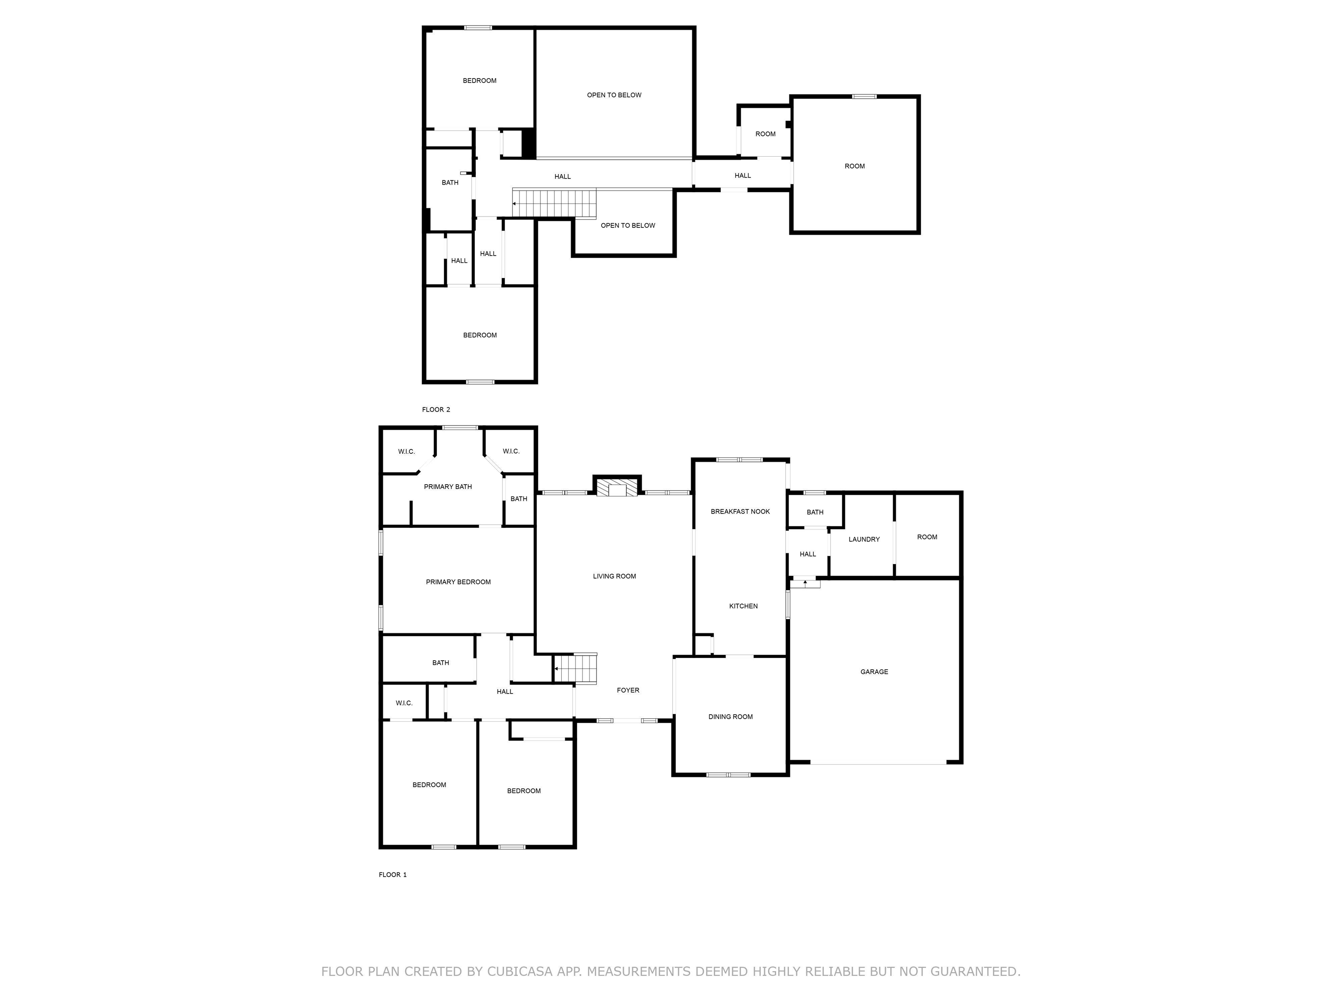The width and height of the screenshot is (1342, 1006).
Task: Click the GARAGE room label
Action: click(x=874, y=672)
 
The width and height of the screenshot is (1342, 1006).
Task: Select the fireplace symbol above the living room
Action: click(x=616, y=488)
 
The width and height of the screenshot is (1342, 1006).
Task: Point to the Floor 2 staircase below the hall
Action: click(x=554, y=203)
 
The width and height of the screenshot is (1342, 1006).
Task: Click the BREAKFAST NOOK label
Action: click(x=740, y=512)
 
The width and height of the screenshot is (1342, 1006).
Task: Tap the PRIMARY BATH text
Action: click(x=447, y=487)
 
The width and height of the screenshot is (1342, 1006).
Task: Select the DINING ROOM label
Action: click(x=730, y=717)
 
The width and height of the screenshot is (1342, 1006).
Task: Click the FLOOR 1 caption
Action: click(x=393, y=875)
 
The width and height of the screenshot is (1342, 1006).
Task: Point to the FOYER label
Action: click(x=627, y=690)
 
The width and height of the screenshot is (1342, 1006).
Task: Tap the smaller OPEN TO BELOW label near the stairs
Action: click(x=627, y=226)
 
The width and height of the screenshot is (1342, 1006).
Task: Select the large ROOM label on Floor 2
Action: click(x=854, y=166)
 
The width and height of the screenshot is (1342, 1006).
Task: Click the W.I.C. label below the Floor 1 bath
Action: click(x=404, y=703)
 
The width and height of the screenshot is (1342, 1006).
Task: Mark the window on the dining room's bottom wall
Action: click(x=728, y=774)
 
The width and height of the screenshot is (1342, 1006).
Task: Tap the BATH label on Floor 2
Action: click(x=450, y=183)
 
